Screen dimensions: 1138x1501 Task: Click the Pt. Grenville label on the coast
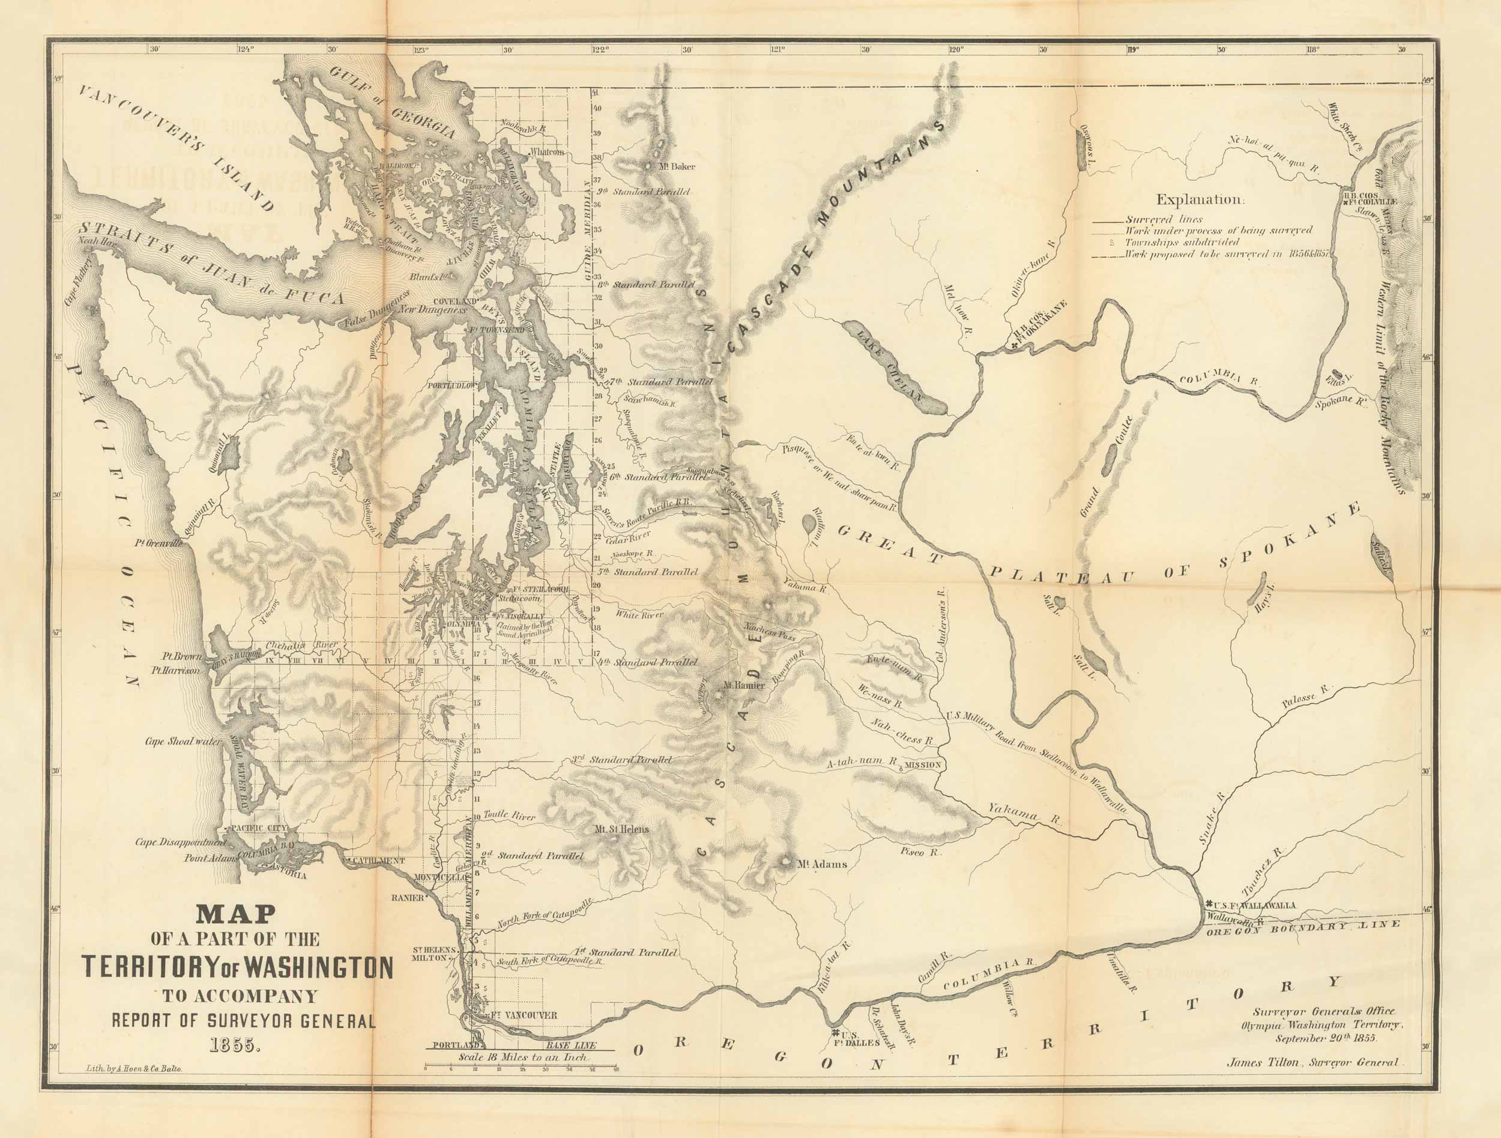tap(160, 543)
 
